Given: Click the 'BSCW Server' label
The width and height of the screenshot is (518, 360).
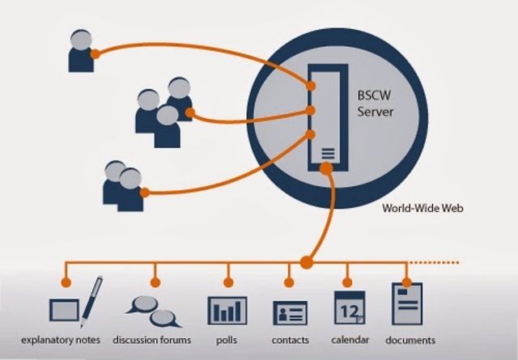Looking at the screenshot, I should pos(376,103).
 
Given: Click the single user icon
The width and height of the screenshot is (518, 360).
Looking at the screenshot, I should pos(80,50).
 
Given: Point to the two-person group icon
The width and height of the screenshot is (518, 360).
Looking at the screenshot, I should pos(122,184).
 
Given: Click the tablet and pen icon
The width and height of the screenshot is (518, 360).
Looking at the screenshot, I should pos(76,302).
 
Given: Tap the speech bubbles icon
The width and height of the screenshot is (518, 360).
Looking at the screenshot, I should pos(151,308).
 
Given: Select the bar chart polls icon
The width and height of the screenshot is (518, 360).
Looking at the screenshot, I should pos(227,310).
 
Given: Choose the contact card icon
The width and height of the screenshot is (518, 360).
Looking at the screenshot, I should pos(289,312).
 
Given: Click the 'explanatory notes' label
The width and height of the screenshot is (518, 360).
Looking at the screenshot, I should pos(61,340).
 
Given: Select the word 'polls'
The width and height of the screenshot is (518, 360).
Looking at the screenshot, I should pos(227,340).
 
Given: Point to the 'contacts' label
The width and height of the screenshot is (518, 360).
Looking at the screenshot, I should pos(290,340).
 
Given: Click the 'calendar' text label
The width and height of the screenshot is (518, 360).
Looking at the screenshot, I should pos(350,340).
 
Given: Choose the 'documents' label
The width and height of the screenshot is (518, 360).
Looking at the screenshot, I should pos(410,340).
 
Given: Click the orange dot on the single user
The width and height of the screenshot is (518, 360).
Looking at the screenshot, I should pos(95,54).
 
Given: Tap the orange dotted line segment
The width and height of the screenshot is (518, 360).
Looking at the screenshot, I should pos(438,262).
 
